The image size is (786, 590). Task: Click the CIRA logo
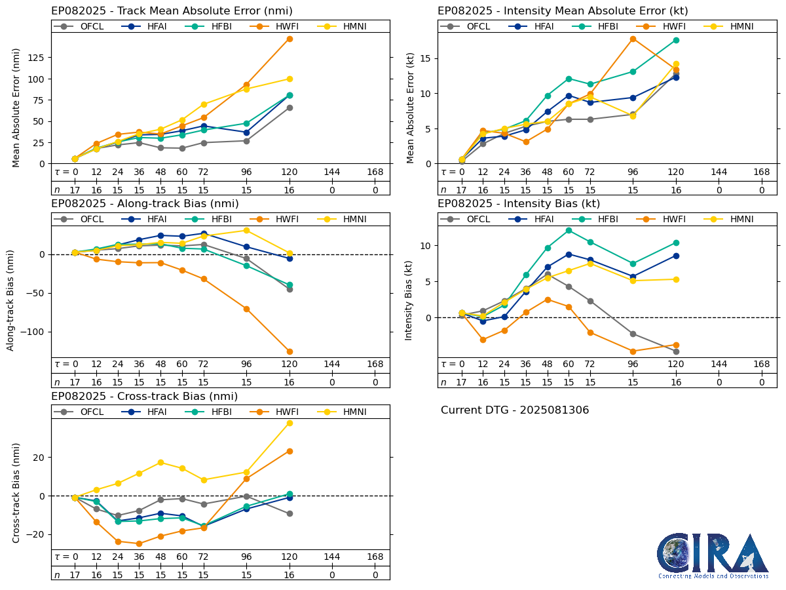coord(713,555)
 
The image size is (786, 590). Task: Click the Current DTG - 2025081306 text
coord(515,410)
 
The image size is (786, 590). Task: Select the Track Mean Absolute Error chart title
coord(172,11)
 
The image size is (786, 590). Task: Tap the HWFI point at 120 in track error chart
coord(290,39)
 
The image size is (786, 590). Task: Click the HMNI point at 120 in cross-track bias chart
coord(290,423)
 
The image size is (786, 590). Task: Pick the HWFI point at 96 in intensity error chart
coord(633,39)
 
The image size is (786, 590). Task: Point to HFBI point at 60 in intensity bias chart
coord(569,230)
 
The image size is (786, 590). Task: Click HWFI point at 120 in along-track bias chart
coord(290,351)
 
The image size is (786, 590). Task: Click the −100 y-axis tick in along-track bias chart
coord(35,332)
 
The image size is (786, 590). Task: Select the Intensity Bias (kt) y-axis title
coord(409,300)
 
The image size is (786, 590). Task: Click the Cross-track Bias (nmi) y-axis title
coord(16,492)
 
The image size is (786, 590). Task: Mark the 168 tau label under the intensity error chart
coord(761,172)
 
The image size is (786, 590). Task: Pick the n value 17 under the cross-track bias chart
coord(75,574)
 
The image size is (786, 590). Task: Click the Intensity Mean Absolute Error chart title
coord(563,11)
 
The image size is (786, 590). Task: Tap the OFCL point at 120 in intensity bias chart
coord(676,351)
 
